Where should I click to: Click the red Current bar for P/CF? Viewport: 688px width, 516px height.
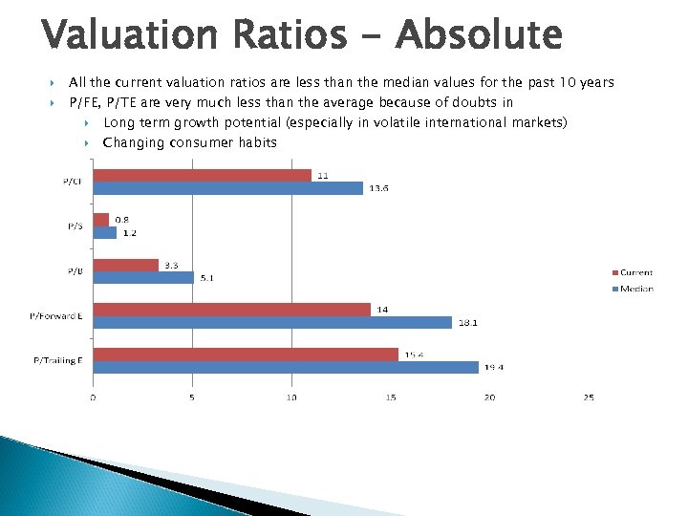tap(203, 175)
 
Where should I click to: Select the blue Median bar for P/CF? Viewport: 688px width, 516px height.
tap(228, 188)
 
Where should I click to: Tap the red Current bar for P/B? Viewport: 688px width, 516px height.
tap(126, 265)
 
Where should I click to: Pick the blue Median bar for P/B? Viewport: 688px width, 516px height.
tap(143, 277)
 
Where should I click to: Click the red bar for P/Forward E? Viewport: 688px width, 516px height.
tap(232, 309)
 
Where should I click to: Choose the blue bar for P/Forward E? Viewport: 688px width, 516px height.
tap(272, 322)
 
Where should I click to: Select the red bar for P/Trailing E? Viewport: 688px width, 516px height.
tap(246, 354)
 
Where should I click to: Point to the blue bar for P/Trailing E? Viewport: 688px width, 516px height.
tap(286, 367)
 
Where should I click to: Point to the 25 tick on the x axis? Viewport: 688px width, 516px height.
tap(589, 397)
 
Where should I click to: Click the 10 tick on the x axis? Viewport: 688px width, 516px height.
tap(291, 397)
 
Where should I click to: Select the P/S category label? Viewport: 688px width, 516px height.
tap(75, 226)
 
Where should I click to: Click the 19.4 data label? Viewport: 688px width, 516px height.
tap(493, 367)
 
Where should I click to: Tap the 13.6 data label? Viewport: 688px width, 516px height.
tap(379, 188)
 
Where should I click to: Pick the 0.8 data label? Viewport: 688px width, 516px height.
tap(122, 220)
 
